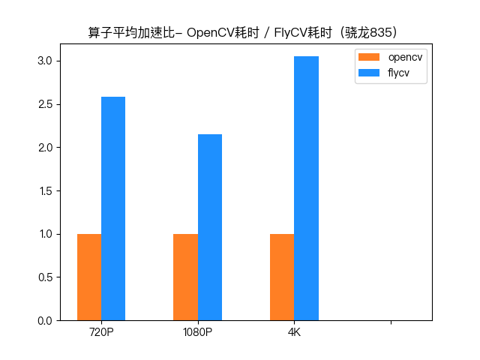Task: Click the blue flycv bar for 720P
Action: point(113,208)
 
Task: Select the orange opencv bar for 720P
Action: point(89,277)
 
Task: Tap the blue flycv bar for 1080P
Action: point(210,227)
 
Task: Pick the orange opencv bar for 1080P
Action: point(185,277)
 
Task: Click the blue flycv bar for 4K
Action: point(306,188)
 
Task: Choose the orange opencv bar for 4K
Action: point(282,277)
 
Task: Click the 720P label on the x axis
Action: point(101,332)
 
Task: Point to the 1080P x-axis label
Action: point(198,332)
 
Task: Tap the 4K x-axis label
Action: point(294,332)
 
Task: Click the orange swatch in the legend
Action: point(369,58)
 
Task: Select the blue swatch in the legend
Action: point(369,73)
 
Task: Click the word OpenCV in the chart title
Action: point(211,33)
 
